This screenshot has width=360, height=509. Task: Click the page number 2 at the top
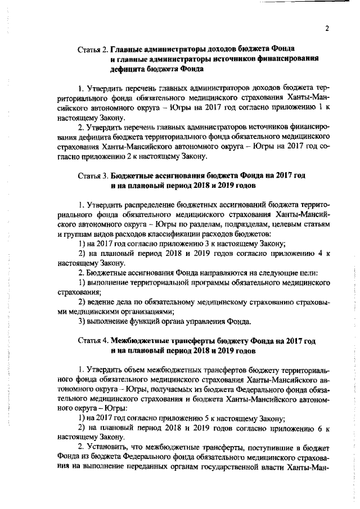pos(326,29)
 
